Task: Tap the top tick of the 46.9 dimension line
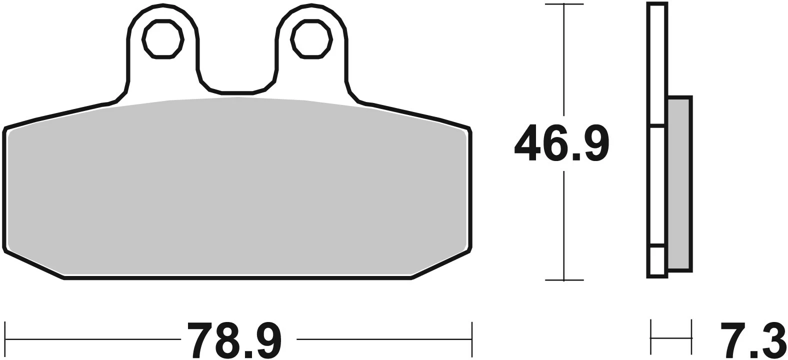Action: point(564,4)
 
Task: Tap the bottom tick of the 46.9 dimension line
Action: point(564,280)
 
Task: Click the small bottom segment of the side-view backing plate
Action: point(657,260)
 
